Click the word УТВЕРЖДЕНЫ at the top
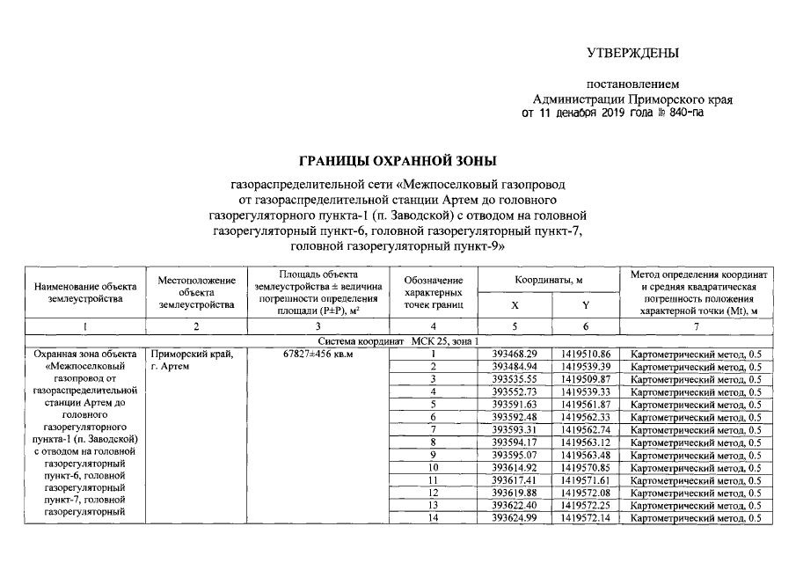coord(632,54)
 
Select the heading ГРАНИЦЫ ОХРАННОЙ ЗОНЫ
coord(398,162)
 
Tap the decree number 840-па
coord(686,113)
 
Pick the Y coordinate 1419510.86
coord(586,354)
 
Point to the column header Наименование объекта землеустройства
coord(85,292)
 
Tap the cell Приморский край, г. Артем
coord(192,360)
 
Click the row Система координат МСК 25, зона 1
coord(398,340)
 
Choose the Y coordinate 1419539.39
coord(586,366)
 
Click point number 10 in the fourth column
coord(434,467)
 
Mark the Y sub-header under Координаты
coord(586,304)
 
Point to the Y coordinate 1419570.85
coord(586,467)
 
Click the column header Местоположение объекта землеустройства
coord(196,292)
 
